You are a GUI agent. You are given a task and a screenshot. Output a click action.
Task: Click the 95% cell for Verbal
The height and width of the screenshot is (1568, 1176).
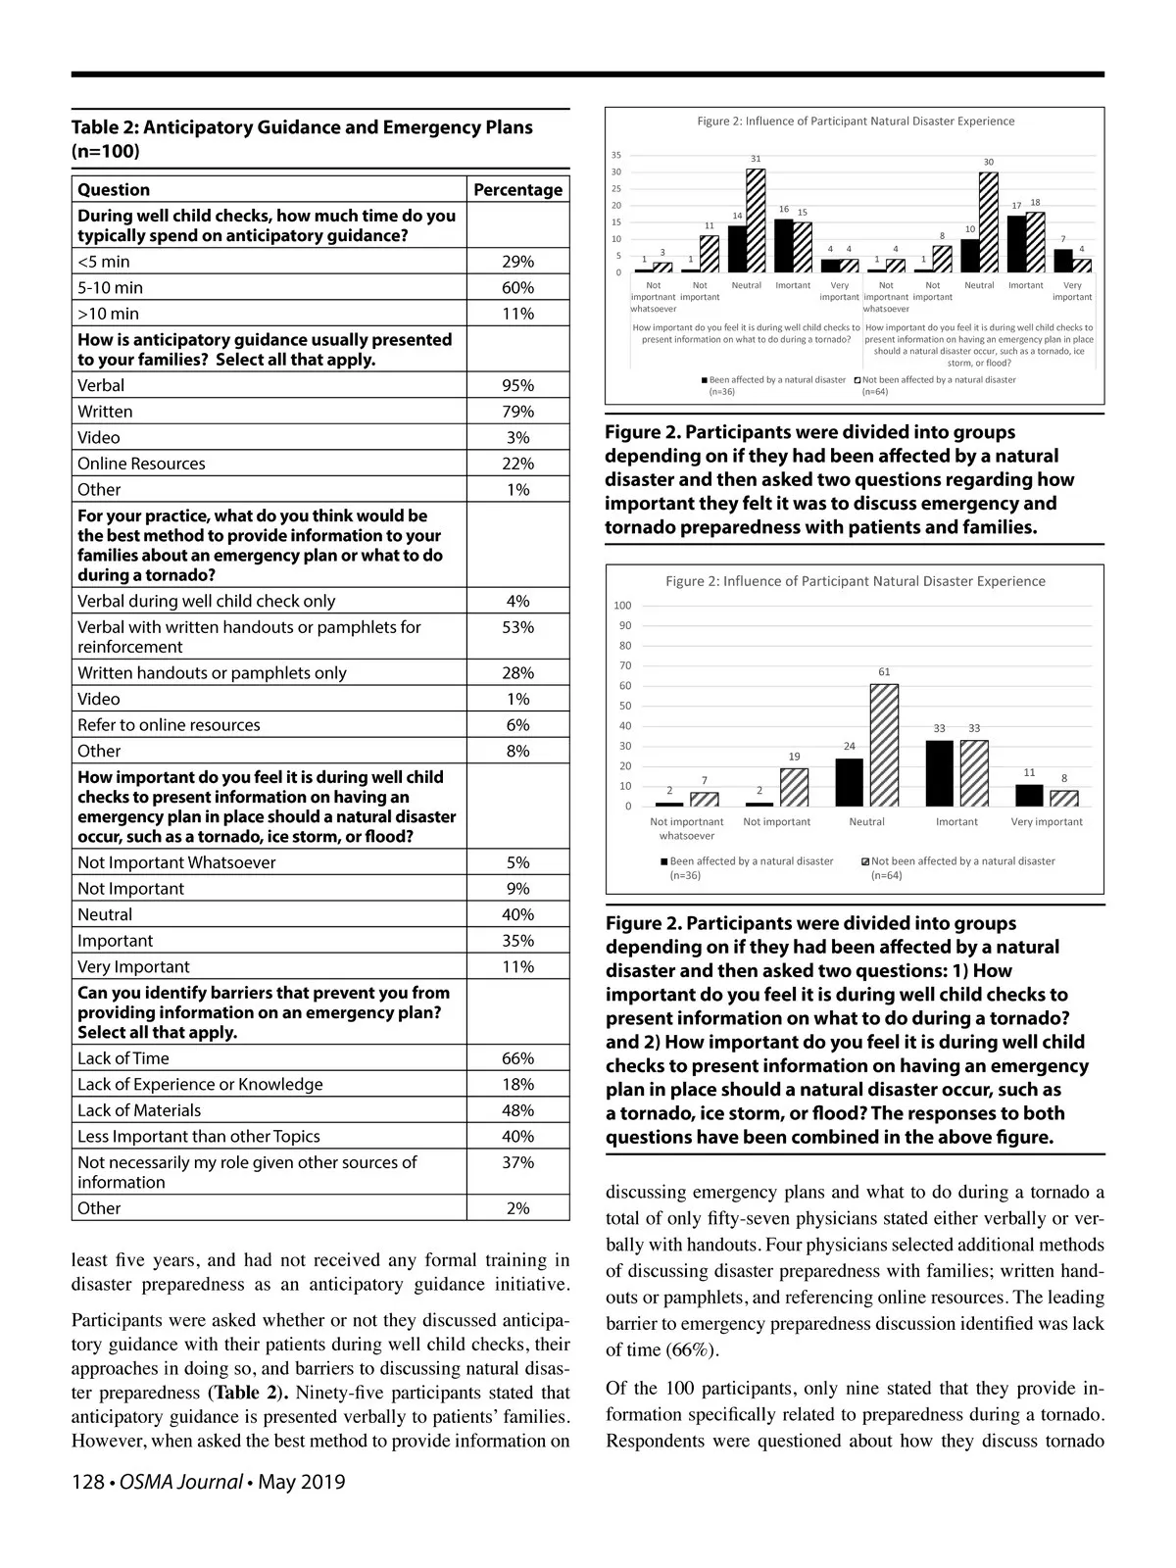(517, 385)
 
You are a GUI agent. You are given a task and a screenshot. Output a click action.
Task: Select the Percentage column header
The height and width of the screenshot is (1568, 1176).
(517, 189)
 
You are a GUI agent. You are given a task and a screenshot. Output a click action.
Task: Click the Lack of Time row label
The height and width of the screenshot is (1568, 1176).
(123, 1058)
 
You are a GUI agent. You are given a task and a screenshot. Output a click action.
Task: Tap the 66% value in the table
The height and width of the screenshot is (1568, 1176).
(517, 1058)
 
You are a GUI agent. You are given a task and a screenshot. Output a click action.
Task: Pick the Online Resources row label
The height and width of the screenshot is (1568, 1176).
(141, 464)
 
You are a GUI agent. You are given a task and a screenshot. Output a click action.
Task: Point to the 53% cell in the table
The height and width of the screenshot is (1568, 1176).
(517, 627)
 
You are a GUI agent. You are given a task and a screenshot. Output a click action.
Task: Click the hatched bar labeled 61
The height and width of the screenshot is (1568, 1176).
(884, 745)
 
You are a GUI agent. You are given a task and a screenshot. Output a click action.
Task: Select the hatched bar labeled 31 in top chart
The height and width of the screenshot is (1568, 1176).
(756, 220)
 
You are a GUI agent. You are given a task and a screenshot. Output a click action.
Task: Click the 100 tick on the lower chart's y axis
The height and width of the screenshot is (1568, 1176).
(622, 606)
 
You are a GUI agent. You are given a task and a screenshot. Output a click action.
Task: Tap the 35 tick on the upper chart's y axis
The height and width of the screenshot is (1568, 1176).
(615, 155)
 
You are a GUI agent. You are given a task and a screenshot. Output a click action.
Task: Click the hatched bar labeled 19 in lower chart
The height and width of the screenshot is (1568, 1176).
(794, 787)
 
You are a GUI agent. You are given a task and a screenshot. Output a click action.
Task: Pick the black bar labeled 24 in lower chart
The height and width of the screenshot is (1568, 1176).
(850, 782)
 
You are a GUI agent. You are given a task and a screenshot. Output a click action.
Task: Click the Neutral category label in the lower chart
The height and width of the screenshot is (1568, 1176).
(866, 822)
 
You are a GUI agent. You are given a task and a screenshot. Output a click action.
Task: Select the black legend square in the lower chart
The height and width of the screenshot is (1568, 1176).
(664, 862)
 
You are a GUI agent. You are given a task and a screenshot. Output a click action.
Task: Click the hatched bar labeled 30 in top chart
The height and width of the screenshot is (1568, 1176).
(988, 222)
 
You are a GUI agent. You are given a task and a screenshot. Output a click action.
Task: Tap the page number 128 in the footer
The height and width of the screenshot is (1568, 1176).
(88, 1482)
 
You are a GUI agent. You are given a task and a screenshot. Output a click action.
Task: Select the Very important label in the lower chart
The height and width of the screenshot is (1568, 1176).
(1047, 822)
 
